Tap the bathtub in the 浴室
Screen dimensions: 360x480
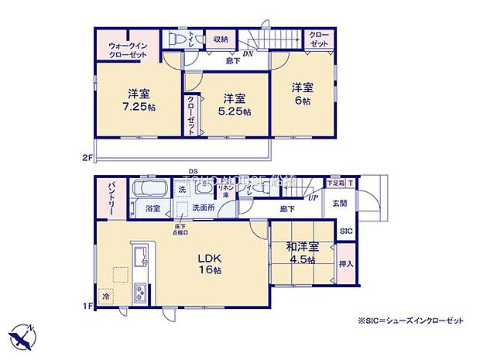(149, 190)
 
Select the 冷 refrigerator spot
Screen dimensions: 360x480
(105, 295)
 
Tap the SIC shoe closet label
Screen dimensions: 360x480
(346, 231)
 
